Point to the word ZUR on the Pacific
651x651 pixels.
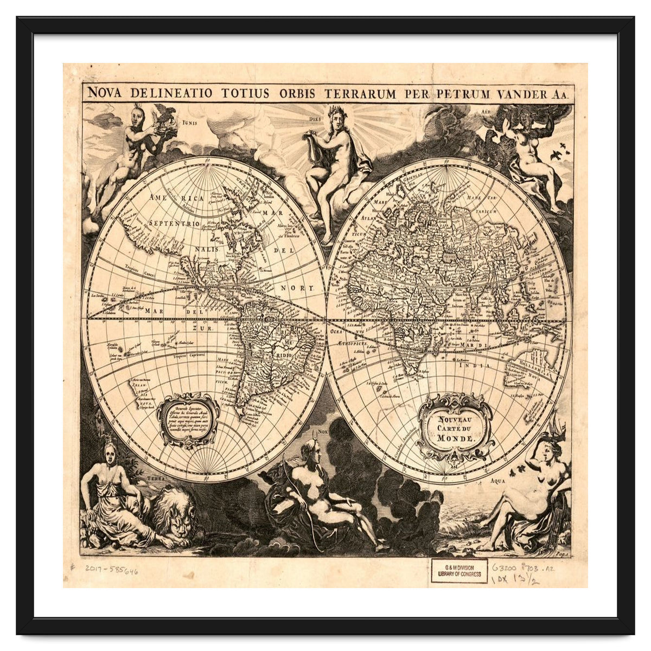(206, 329)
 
